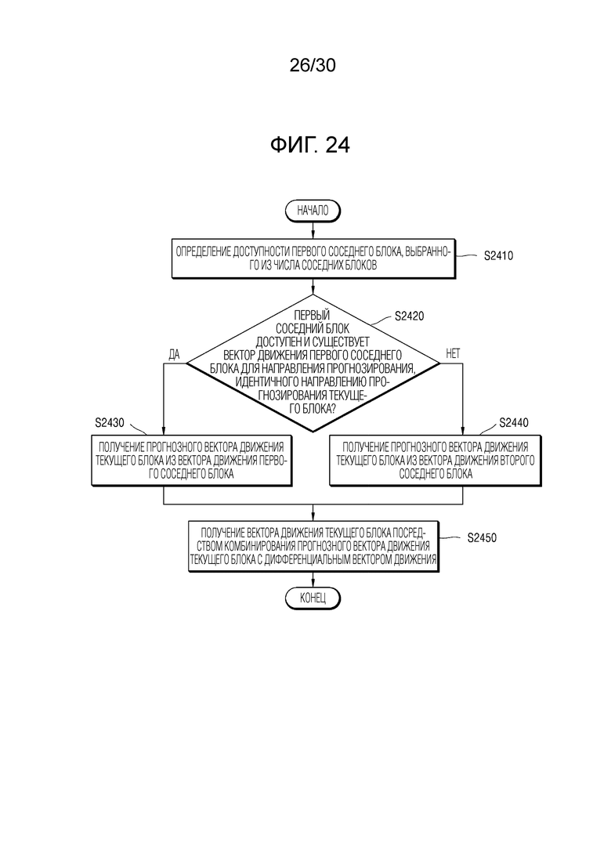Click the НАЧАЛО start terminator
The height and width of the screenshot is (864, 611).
(x=313, y=211)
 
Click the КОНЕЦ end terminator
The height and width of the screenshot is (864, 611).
(x=313, y=598)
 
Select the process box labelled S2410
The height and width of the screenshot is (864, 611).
(x=313, y=259)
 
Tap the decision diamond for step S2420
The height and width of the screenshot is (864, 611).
(x=313, y=363)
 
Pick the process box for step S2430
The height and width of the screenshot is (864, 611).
(x=191, y=461)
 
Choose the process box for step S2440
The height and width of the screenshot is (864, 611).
(x=436, y=461)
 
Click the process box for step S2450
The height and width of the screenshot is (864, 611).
(x=313, y=547)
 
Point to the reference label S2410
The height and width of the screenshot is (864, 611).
(x=498, y=255)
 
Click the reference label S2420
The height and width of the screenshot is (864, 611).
(x=410, y=316)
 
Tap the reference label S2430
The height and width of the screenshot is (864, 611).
(x=110, y=423)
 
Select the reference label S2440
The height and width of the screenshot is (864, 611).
(x=514, y=423)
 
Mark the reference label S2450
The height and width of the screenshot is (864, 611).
(x=482, y=538)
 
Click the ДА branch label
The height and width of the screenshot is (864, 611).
(x=174, y=354)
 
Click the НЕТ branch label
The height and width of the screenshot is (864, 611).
(x=452, y=354)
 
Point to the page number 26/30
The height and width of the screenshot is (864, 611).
(x=313, y=65)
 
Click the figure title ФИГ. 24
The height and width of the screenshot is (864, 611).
(x=310, y=145)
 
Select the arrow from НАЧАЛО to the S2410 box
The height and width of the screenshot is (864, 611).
(x=313, y=230)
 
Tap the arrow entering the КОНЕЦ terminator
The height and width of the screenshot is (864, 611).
(x=313, y=580)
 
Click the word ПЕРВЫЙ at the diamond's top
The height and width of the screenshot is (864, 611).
(x=312, y=315)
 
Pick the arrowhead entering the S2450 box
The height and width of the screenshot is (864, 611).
(x=313, y=517)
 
